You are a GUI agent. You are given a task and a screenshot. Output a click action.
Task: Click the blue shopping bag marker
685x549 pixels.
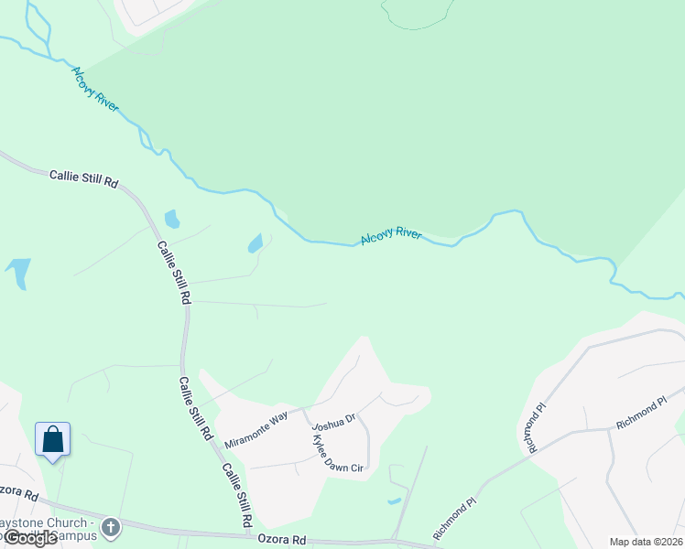[53, 439]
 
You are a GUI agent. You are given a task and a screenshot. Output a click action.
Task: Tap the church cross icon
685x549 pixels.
[111, 527]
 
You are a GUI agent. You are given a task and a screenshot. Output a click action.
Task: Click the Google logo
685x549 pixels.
[29, 538]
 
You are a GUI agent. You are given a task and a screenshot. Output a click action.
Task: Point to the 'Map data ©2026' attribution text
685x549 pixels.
[646, 542]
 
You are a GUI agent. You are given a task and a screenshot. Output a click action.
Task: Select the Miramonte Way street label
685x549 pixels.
[256, 428]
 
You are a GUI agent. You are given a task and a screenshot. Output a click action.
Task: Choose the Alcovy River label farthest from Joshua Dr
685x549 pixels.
[96, 89]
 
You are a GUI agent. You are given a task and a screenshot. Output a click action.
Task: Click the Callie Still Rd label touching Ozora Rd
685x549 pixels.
[234, 494]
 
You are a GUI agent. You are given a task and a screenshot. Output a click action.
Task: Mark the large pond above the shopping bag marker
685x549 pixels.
[17, 273]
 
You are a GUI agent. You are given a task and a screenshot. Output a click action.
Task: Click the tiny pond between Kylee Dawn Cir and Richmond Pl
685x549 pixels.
[394, 501]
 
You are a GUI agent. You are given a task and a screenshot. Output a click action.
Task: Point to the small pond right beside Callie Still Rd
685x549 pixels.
[171, 219]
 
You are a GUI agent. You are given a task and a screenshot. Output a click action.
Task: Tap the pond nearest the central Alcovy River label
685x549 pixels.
[255, 243]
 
